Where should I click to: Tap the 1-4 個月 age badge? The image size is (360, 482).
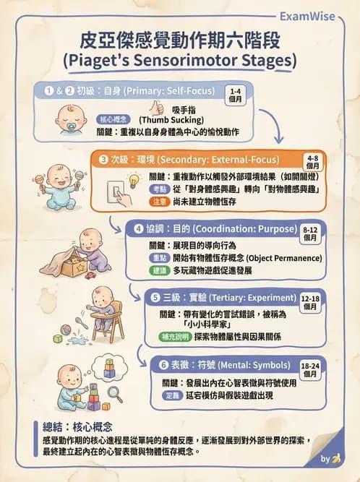235,96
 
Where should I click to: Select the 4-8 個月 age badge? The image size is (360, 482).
313,161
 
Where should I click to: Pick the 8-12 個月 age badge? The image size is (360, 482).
310,232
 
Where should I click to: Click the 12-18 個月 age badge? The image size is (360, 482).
311,302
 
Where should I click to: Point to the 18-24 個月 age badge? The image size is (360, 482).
311,371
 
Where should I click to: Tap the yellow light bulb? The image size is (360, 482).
133,180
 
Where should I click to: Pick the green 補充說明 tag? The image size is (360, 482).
176,337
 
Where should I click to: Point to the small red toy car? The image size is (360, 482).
111,275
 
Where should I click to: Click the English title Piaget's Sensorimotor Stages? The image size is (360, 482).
180,58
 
